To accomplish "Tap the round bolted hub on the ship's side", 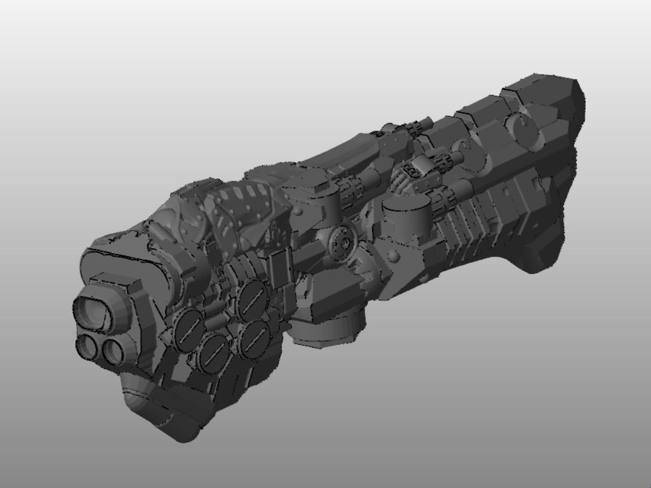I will [x=343, y=242].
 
